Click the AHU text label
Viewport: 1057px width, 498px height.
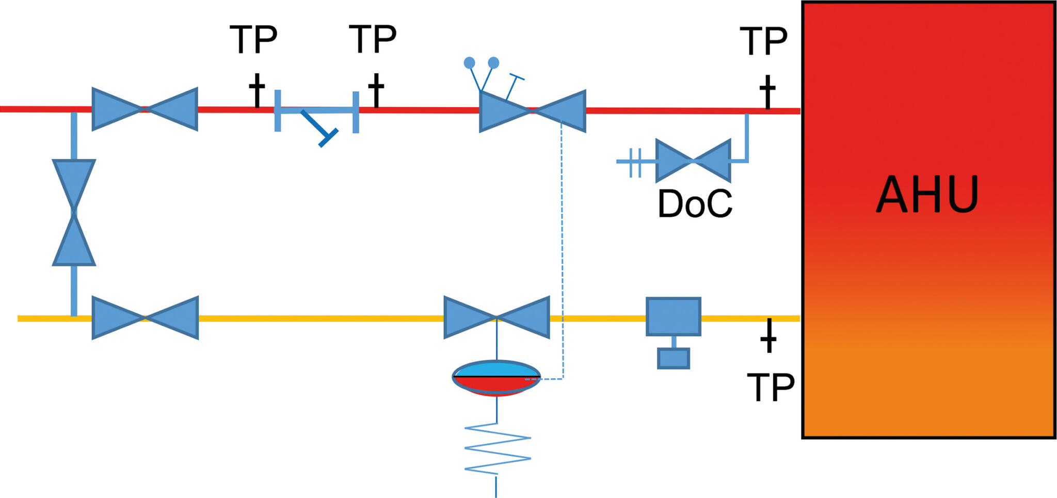click(x=927, y=195)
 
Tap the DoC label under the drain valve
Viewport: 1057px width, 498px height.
click(x=695, y=204)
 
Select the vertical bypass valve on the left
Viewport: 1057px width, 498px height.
click(x=74, y=213)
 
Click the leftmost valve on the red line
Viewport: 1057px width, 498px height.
click(x=145, y=109)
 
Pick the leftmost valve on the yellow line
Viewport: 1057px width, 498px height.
click(x=145, y=318)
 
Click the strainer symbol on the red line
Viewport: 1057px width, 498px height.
click(x=316, y=116)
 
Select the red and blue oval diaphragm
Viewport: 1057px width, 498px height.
click(x=497, y=378)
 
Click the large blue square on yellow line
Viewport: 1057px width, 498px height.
click(x=674, y=316)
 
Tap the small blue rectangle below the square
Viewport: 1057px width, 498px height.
click(x=674, y=358)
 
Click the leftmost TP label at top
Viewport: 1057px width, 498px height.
click(x=253, y=39)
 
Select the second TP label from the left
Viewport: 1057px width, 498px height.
click(x=373, y=39)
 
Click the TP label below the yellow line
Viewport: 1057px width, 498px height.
click(x=771, y=388)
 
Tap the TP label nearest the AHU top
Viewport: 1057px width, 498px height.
click(x=763, y=41)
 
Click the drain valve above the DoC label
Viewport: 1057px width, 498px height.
click(x=693, y=161)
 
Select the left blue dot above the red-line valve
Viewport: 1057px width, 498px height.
click(x=469, y=63)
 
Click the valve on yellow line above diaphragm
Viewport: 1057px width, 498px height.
click(x=497, y=317)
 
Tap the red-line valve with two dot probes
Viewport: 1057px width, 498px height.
click(x=533, y=111)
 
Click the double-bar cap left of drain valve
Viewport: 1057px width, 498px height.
click(x=635, y=162)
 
